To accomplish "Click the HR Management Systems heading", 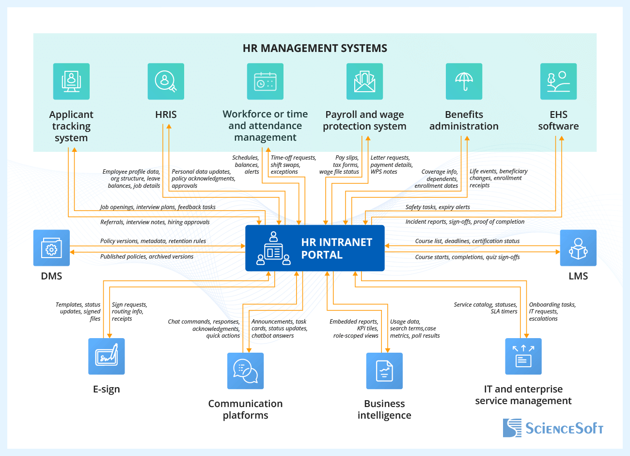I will coord(315,49).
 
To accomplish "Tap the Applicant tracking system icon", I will coord(71,81).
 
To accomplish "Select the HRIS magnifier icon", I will coord(166,81).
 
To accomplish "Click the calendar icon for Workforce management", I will coord(265,81).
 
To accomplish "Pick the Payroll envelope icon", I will coord(364,81).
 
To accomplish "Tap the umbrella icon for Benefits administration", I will coord(464,81).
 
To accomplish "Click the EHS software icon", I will coord(558,81).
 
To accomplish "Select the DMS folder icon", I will coord(51,248).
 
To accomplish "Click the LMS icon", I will coord(578,248).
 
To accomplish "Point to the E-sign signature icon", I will coord(107,357).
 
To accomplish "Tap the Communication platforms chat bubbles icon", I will coord(245,371).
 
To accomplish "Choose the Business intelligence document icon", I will coord(384,371).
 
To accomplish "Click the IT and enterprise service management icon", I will coord(523,357).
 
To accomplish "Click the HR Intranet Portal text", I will coord(336,248).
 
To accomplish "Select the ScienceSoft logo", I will coord(553,428).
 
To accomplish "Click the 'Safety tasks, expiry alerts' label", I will coord(438,207).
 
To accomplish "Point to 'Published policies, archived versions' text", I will coord(147,257).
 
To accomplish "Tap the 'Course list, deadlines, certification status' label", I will coord(467,241).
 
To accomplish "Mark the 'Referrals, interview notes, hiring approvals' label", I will coord(155,222).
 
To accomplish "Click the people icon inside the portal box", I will coord(273,248).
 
